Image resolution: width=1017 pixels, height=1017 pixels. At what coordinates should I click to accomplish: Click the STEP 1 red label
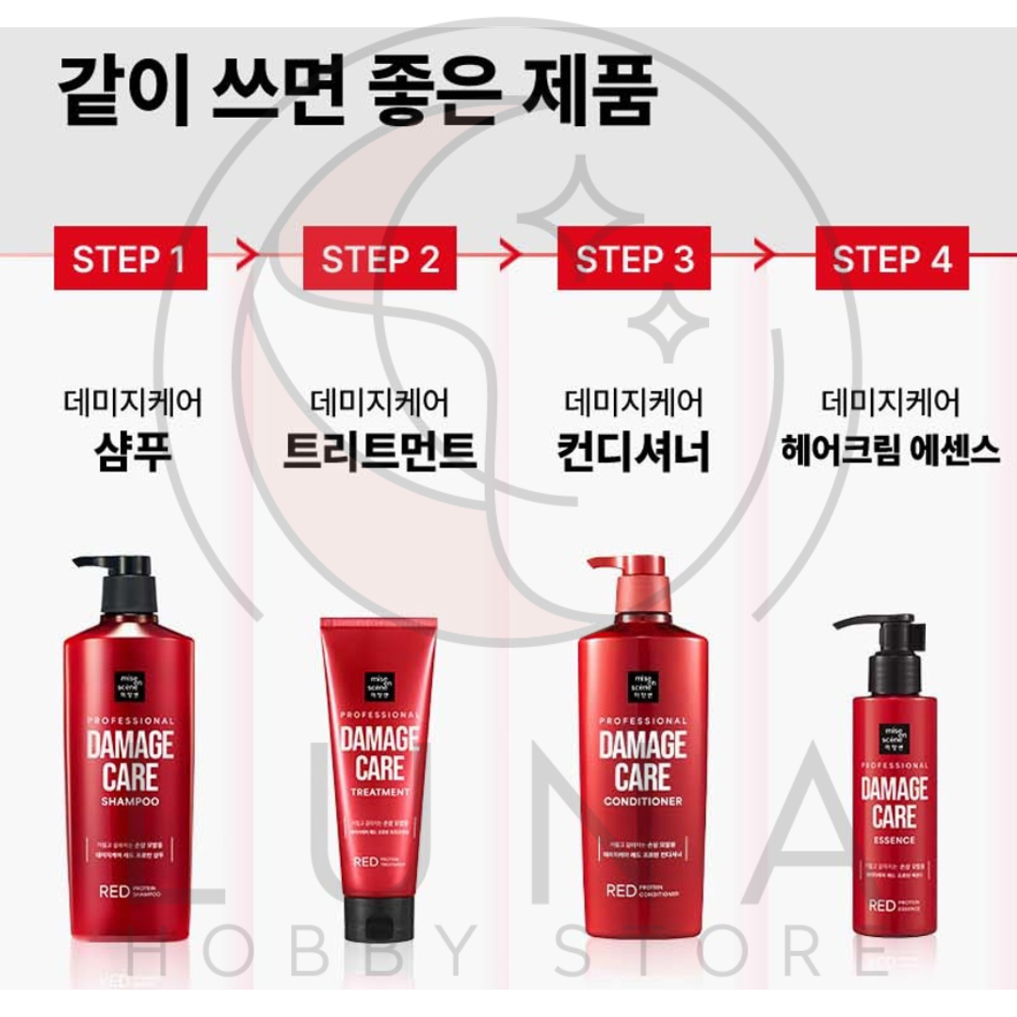tap(129, 259)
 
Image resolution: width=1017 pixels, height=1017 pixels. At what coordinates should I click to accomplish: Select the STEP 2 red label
tap(379, 259)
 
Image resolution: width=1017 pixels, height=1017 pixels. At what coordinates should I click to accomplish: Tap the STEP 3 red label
tap(633, 259)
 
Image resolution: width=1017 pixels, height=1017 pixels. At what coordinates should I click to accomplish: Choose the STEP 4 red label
tap(891, 259)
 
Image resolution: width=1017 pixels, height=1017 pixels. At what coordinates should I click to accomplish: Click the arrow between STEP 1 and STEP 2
tap(247, 254)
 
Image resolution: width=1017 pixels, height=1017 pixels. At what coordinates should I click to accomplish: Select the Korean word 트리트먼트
tap(379, 450)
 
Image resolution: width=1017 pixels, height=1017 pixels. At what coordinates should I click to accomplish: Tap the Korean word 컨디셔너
tap(632, 450)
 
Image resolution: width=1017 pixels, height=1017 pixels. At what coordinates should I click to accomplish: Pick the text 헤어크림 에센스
tap(890, 450)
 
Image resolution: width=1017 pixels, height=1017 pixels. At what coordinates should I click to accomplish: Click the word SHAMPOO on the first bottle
tap(130, 802)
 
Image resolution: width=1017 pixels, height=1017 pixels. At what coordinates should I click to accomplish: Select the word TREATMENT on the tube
tap(379, 792)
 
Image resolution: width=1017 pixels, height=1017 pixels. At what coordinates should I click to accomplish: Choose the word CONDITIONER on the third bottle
tap(643, 802)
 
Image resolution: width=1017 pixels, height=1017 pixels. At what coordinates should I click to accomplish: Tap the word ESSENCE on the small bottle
tap(894, 840)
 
